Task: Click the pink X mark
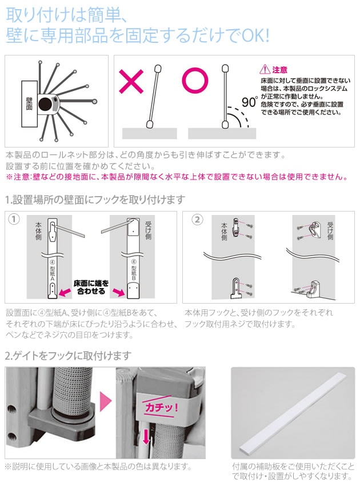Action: click(x=131, y=81)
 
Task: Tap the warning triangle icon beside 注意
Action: click(x=265, y=69)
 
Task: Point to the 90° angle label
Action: click(x=250, y=101)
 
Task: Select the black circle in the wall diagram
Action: click(x=46, y=104)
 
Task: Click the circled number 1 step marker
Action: click(x=14, y=220)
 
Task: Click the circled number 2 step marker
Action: click(x=197, y=220)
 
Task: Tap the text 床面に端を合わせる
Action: click(x=91, y=287)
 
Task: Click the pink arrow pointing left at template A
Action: click(x=65, y=292)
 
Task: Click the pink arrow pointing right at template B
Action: click(x=118, y=292)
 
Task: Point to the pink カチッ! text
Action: click(x=161, y=407)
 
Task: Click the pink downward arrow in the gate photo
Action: click(x=146, y=436)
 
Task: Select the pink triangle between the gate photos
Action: click(x=105, y=402)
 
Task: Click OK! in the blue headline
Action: click(x=255, y=35)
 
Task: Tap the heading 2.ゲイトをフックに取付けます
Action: click(x=69, y=356)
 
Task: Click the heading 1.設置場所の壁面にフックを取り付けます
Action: click(x=95, y=200)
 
